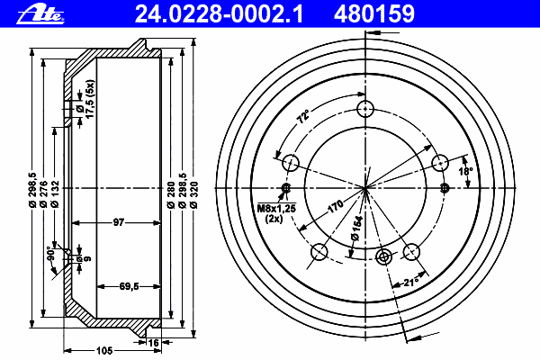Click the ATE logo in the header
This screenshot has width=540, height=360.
tap(40, 15)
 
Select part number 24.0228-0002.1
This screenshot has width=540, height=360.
tap(219, 14)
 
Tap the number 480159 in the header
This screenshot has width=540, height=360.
tap(374, 14)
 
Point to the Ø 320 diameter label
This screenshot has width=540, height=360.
tap(193, 194)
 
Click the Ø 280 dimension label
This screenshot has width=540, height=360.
tap(171, 194)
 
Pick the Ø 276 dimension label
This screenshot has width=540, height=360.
tap(43, 193)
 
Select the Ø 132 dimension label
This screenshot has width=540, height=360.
tap(55, 193)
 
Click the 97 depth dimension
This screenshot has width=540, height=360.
tap(119, 222)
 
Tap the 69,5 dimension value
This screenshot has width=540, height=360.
tap(129, 286)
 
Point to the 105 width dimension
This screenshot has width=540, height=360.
tap(104, 351)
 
